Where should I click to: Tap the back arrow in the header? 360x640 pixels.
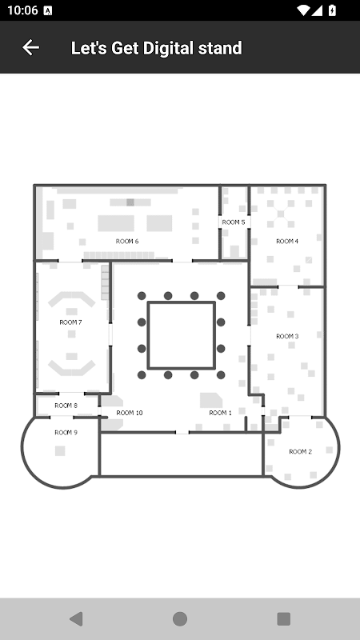pos(30,47)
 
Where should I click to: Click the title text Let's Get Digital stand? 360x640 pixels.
pos(156,48)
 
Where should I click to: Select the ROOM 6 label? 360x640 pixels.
pos(127,242)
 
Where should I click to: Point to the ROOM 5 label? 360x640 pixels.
pos(234,222)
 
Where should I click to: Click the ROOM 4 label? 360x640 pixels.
pos(287,242)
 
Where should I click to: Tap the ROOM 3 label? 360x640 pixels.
pos(287,336)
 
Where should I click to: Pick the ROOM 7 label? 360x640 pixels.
pos(70,322)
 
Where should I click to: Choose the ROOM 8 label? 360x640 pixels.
pos(66,406)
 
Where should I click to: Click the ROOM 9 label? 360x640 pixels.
pos(66,433)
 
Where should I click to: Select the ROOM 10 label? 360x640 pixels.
pos(130,413)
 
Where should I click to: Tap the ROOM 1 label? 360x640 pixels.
pos(221,413)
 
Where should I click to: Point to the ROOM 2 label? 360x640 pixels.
pos(301,451)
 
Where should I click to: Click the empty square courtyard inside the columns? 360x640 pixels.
pos(182,335)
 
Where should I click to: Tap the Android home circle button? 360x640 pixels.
pos(180,618)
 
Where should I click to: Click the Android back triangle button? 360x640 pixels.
pos(76,618)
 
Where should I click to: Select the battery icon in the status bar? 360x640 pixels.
pos(332,10)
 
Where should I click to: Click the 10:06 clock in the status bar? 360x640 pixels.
pos(22,10)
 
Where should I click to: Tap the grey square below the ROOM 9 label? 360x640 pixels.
pos(60,450)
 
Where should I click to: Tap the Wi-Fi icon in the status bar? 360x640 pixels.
pos(303,10)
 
